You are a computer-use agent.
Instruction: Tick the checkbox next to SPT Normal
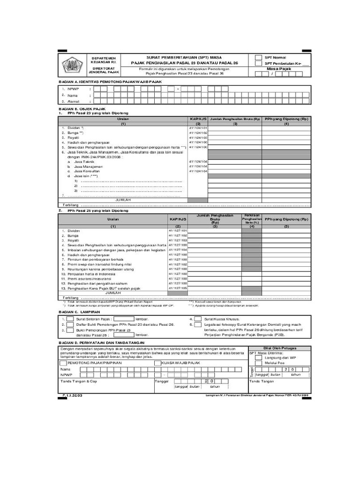click(x=258, y=58)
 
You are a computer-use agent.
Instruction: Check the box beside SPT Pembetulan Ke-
click(x=258, y=64)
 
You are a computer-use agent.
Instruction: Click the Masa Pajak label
click(x=279, y=69)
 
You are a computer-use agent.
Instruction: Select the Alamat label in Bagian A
click(x=73, y=100)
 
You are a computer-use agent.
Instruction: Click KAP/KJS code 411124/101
click(x=198, y=128)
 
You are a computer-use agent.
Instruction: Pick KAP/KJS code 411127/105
click(x=178, y=288)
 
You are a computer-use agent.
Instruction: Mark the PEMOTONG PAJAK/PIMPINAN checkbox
click(x=63, y=363)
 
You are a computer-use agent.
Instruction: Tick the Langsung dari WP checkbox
click(x=258, y=358)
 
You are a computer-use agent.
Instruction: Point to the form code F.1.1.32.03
click(x=70, y=395)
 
